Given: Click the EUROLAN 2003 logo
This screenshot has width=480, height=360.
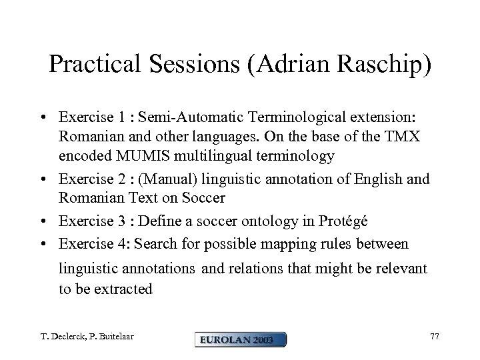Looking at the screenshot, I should (241, 339).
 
